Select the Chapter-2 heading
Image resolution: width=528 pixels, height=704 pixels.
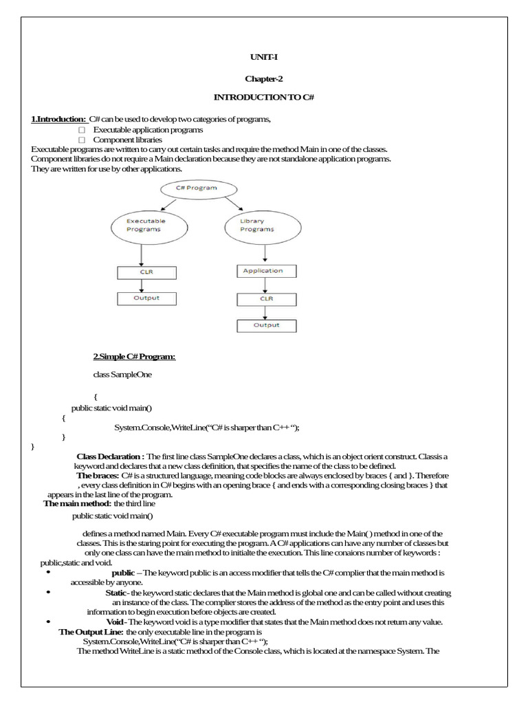[263, 78]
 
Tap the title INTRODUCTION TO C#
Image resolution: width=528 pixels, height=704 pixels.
[263, 98]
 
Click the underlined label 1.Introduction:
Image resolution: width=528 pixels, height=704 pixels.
[58, 120]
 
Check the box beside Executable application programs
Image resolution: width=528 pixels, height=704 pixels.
[81, 130]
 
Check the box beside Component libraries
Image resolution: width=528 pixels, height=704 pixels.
[81, 140]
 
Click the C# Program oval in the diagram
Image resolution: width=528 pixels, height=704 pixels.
[199, 188]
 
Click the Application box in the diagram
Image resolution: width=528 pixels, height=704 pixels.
[263, 271]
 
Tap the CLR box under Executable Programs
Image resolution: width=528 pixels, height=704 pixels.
[146, 272]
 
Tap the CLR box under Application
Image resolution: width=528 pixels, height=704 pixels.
[266, 300]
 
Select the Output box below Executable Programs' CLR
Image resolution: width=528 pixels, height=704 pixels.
[146, 298]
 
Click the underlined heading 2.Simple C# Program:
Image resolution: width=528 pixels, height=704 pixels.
[134, 356]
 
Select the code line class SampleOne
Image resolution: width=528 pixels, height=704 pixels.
[122, 375]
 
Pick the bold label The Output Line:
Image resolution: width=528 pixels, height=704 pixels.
[91, 631]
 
